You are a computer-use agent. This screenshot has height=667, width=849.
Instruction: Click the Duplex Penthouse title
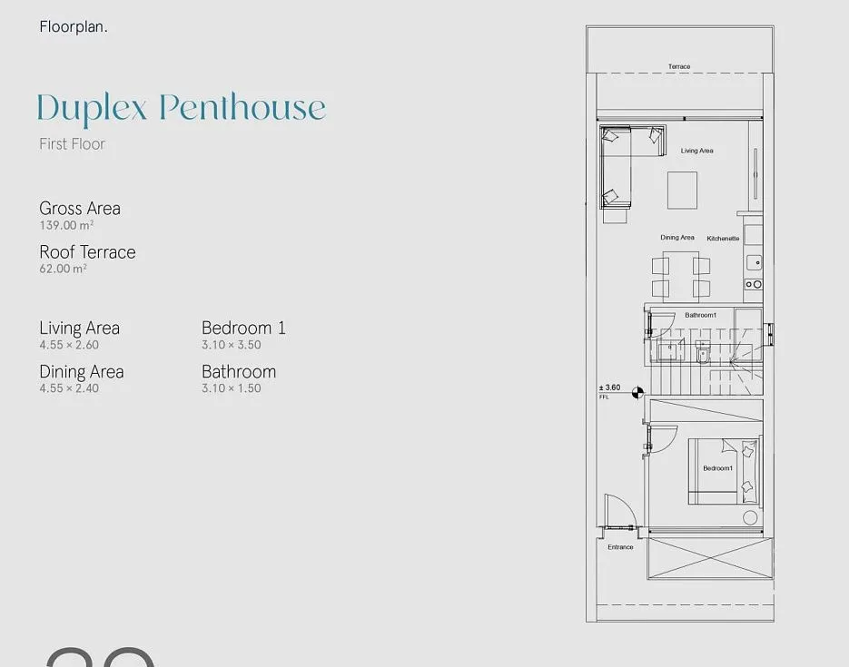point(182,108)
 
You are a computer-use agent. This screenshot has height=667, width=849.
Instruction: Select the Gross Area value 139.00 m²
point(66,225)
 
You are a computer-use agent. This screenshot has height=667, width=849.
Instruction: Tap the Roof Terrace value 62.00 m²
point(63,269)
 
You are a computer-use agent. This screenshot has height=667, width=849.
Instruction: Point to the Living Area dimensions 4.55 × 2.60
point(69,345)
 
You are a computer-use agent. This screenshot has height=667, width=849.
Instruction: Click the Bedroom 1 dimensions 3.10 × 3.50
point(232,345)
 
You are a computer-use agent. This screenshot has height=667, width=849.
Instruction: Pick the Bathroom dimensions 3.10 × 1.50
point(232,387)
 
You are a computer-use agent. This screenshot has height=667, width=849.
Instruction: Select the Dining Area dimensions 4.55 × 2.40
point(69,387)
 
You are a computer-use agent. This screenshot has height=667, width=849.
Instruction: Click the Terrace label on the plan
point(679,66)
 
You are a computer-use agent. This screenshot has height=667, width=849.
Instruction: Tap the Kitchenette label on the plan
point(723,238)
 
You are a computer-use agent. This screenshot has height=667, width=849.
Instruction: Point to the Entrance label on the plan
point(620,547)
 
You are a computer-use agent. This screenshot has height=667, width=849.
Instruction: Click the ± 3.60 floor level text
point(609,387)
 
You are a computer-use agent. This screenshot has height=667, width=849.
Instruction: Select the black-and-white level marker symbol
point(637,392)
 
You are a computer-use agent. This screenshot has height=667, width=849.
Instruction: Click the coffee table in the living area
point(682,190)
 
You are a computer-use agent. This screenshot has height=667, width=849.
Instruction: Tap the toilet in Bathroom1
point(702,353)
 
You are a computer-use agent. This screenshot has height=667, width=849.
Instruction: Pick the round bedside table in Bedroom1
point(750,517)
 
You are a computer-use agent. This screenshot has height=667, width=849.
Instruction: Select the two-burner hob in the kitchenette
point(754,284)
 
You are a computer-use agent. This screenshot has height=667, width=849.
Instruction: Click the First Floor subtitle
point(72,144)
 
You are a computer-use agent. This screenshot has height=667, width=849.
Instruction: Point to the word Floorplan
point(74,26)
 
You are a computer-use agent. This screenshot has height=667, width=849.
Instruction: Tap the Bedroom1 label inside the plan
point(718,468)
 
